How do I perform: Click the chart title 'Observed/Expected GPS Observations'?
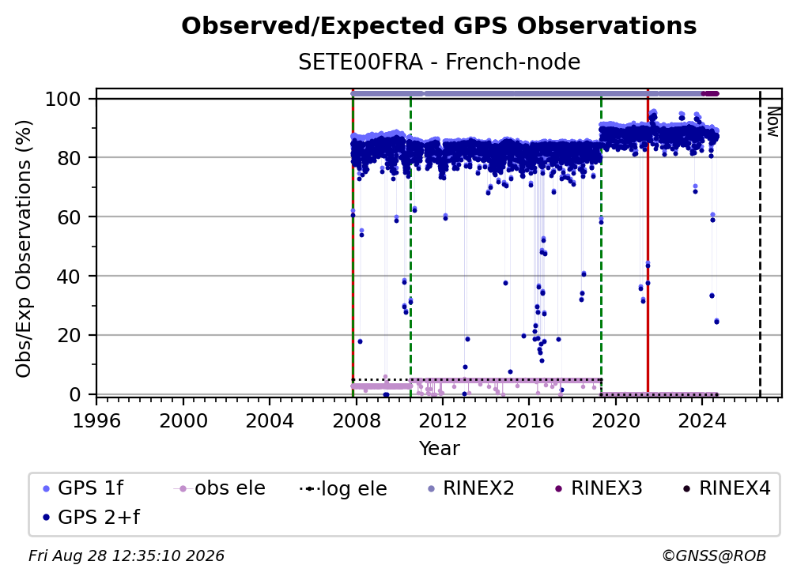(x=439, y=26)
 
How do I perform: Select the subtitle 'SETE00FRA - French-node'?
(x=439, y=62)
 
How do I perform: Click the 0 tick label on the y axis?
(x=75, y=394)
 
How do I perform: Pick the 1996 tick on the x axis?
(x=96, y=421)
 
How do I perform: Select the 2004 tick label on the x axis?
(x=270, y=421)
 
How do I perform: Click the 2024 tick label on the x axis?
(x=702, y=421)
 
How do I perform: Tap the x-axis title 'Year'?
(x=439, y=449)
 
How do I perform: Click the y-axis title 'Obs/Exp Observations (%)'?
(x=24, y=248)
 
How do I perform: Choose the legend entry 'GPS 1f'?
(x=83, y=488)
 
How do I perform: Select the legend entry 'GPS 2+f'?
(x=92, y=517)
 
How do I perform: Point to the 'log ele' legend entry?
(x=344, y=488)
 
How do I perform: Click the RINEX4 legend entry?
(x=727, y=488)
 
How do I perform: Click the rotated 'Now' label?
(x=772, y=122)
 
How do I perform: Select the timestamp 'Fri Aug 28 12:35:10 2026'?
(x=126, y=556)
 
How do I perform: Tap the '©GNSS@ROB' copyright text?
(x=714, y=556)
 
